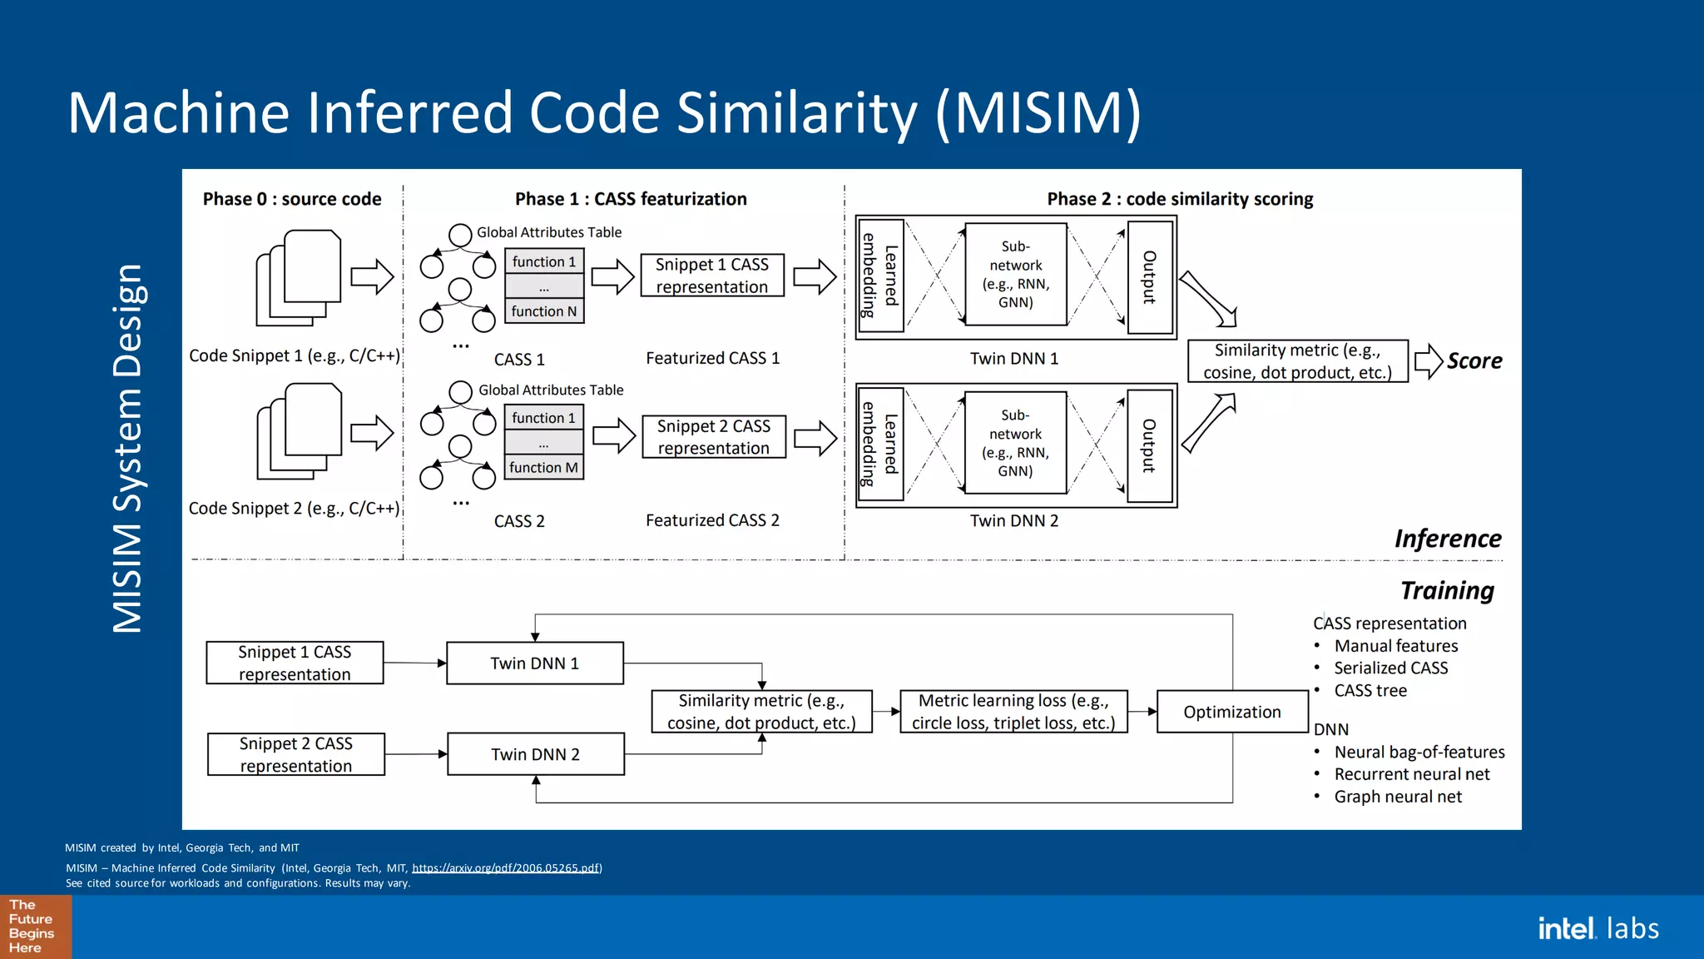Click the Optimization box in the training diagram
point(1231,712)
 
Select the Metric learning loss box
point(1013,712)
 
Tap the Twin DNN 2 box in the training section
point(535,754)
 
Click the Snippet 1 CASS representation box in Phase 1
point(711,276)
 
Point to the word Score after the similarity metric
point(1474,360)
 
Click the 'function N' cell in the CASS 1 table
point(544,311)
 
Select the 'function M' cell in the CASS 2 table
point(543,468)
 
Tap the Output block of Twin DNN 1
point(1149,277)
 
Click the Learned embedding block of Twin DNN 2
point(880,445)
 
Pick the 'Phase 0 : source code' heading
point(292,199)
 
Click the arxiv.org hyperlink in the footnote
point(506,867)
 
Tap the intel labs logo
point(1597,928)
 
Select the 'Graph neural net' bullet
point(1398,797)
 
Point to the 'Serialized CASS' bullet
point(1390,668)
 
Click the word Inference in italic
point(1448,539)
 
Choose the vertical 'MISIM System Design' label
point(128,449)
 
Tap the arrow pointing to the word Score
point(1428,361)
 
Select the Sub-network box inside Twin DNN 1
point(1015,275)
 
